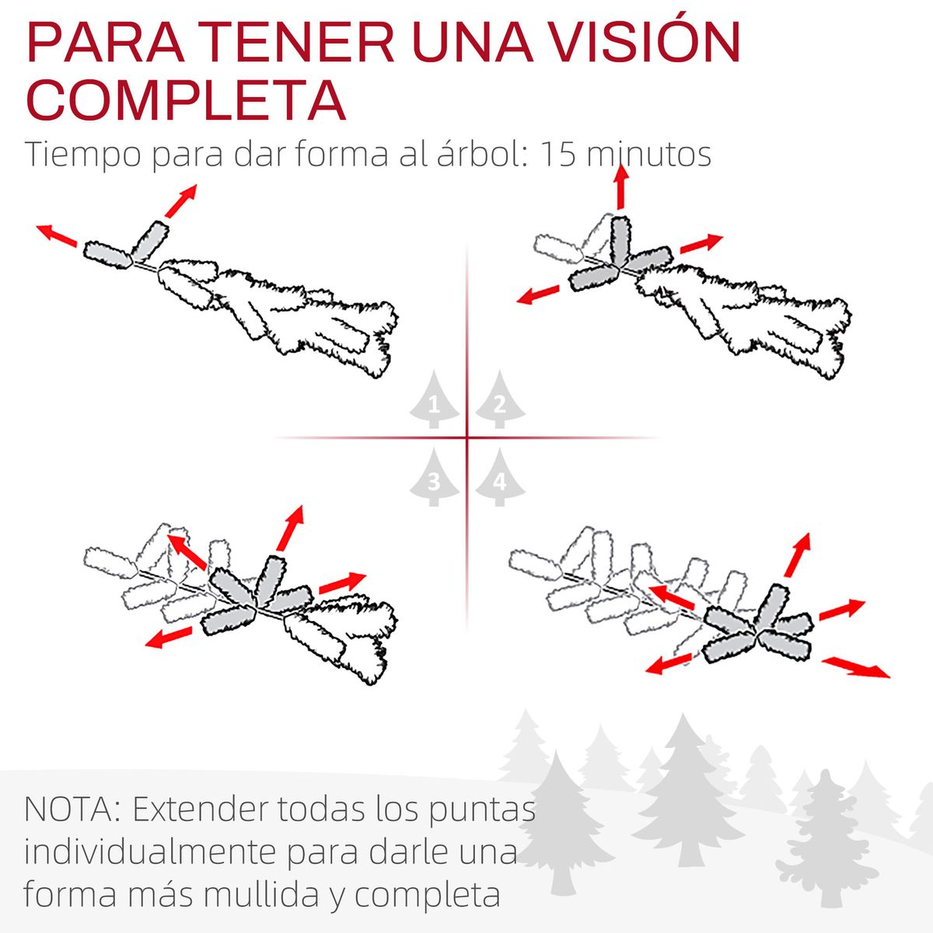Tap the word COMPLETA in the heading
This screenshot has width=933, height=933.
[186, 99]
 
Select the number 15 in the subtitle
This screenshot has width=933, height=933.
[557, 154]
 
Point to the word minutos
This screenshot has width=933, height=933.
[648, 154]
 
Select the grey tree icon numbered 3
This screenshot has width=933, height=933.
[434, 479]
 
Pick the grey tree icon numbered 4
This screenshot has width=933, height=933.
[500, 479]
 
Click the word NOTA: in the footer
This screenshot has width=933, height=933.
[72, 810]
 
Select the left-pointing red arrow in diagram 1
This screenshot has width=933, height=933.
[57, 235]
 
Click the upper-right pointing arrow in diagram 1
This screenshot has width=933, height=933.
[180, 201]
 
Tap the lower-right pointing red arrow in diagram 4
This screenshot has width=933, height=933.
[856, 667]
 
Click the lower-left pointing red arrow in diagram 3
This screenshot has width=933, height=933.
[169, 637]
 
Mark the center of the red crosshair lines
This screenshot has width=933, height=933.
[467, 438]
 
